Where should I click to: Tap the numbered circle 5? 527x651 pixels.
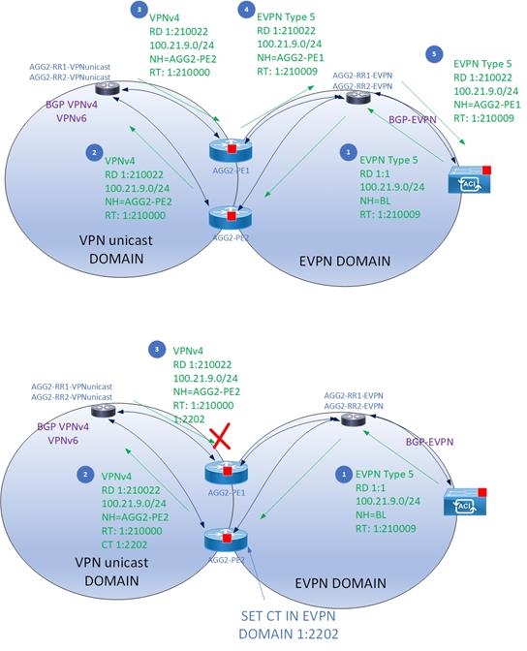(434, 54)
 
